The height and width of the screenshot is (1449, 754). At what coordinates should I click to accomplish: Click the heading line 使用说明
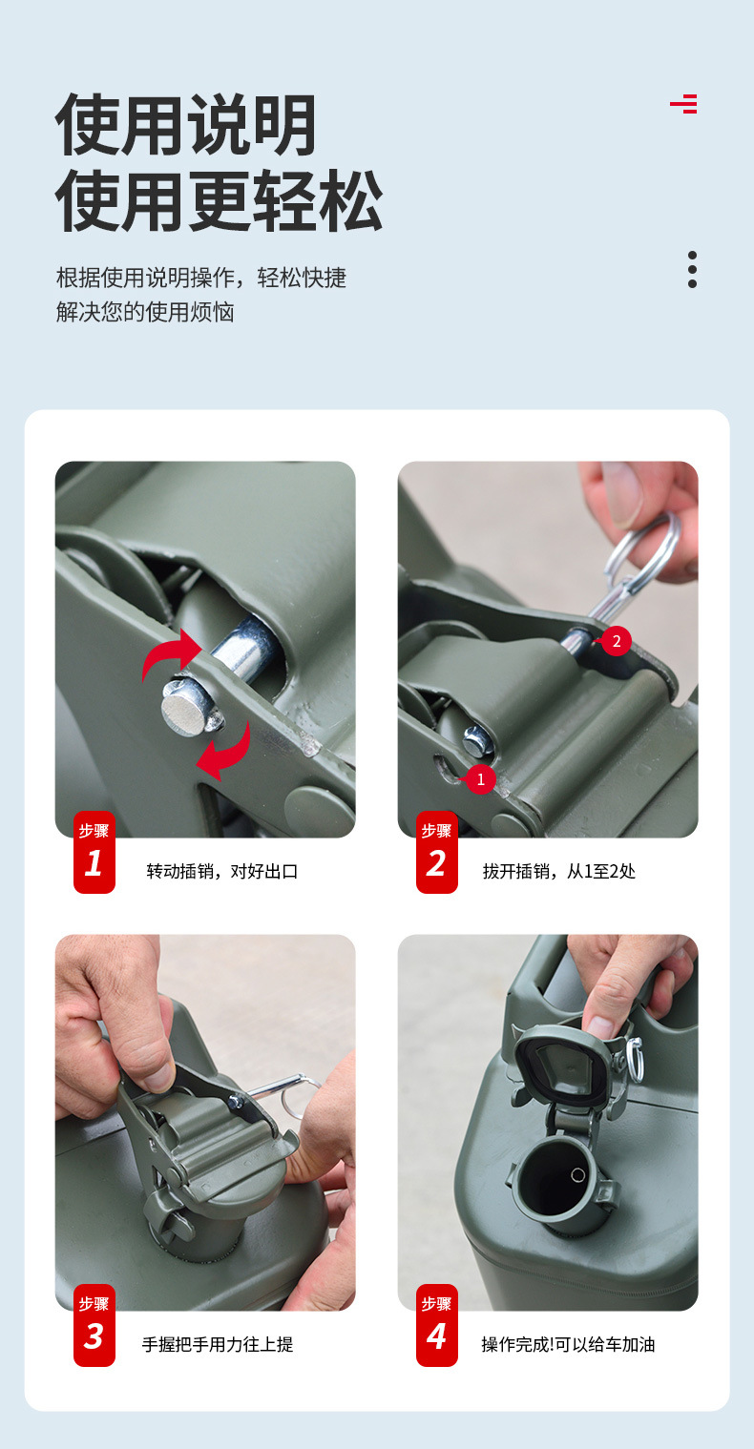(x=186, y=125)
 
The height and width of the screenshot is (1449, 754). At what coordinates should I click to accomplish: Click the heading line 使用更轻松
(x=219, y=201)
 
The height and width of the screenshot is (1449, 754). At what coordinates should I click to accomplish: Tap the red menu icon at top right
(x=683, y=103)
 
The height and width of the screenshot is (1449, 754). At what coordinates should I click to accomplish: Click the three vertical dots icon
(x=693, y=269)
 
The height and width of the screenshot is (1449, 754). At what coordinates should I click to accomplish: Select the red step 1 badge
(x=94, y=852)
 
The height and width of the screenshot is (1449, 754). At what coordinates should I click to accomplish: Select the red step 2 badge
(x=437, y=852)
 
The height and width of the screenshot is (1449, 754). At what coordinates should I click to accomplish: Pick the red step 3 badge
(x=94, y=1325)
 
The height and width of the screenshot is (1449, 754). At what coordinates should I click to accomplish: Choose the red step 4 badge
(x=437, y=1325)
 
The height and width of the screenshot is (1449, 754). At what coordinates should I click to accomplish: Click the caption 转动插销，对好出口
(x=222, y=871)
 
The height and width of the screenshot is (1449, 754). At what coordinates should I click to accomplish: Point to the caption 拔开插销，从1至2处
(x=559, y=871)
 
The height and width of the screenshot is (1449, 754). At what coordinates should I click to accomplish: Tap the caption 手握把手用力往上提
(x=218, y=1345)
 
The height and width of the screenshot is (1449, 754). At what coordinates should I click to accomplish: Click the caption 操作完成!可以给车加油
(x=568, y=1345)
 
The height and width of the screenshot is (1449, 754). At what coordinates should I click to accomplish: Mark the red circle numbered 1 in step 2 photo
(x=480, y=779)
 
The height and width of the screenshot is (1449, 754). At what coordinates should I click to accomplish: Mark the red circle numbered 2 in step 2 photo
(x=617, y=641)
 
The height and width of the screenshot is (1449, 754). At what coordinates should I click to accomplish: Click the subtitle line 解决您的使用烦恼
(x=145, y=312)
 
